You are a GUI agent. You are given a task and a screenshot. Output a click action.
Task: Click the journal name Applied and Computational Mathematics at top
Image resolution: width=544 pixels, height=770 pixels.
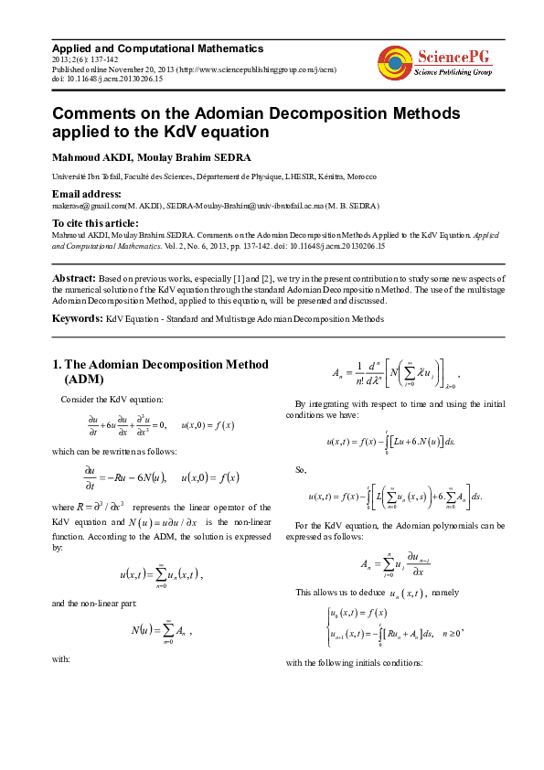pos(157,48)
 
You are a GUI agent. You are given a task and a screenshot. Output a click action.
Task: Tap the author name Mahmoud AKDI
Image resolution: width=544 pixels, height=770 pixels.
pos(92,157)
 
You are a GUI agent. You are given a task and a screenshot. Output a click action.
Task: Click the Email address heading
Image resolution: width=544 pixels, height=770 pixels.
pos(87,194)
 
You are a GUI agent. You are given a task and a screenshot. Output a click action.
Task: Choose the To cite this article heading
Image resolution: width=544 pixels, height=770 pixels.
pos(95,223)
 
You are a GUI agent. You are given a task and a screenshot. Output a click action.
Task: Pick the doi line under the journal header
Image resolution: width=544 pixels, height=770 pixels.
pos(108,80)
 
